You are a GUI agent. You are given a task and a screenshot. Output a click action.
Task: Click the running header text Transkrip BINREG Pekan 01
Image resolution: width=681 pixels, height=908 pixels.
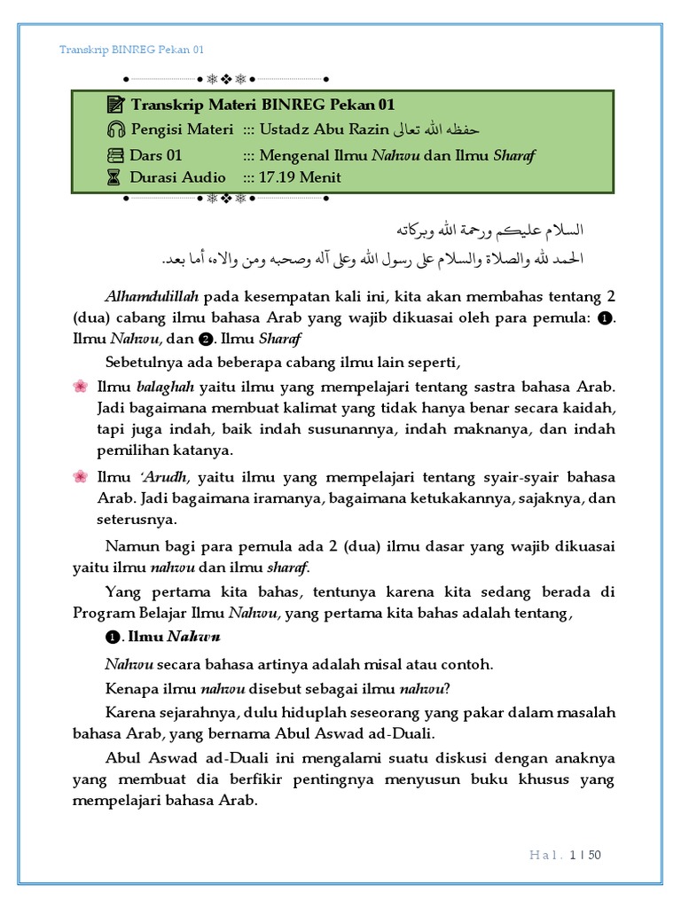pos(131,50)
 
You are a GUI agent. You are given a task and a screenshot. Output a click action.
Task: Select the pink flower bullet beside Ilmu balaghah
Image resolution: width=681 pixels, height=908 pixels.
pos(80,387)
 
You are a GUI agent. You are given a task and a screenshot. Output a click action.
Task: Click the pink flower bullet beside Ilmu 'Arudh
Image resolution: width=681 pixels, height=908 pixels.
pos(80,478)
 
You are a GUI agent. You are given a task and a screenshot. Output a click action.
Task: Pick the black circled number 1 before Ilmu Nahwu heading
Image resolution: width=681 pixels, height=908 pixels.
pos(113,638)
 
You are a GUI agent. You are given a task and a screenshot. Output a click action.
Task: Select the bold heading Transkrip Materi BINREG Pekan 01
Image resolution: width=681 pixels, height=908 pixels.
pos(262,106)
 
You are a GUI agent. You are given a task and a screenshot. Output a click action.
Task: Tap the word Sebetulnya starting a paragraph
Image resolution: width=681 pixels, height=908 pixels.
pos(143,363)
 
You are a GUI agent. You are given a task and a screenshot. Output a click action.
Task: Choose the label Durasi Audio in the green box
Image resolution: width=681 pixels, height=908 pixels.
pos(177,177)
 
